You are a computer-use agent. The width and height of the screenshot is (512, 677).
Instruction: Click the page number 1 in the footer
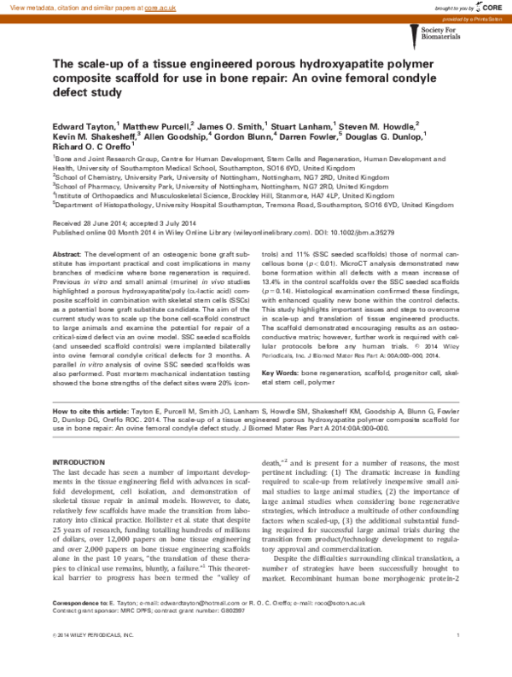point(458,659)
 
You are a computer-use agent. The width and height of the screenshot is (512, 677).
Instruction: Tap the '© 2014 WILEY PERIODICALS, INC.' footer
point(93,659)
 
